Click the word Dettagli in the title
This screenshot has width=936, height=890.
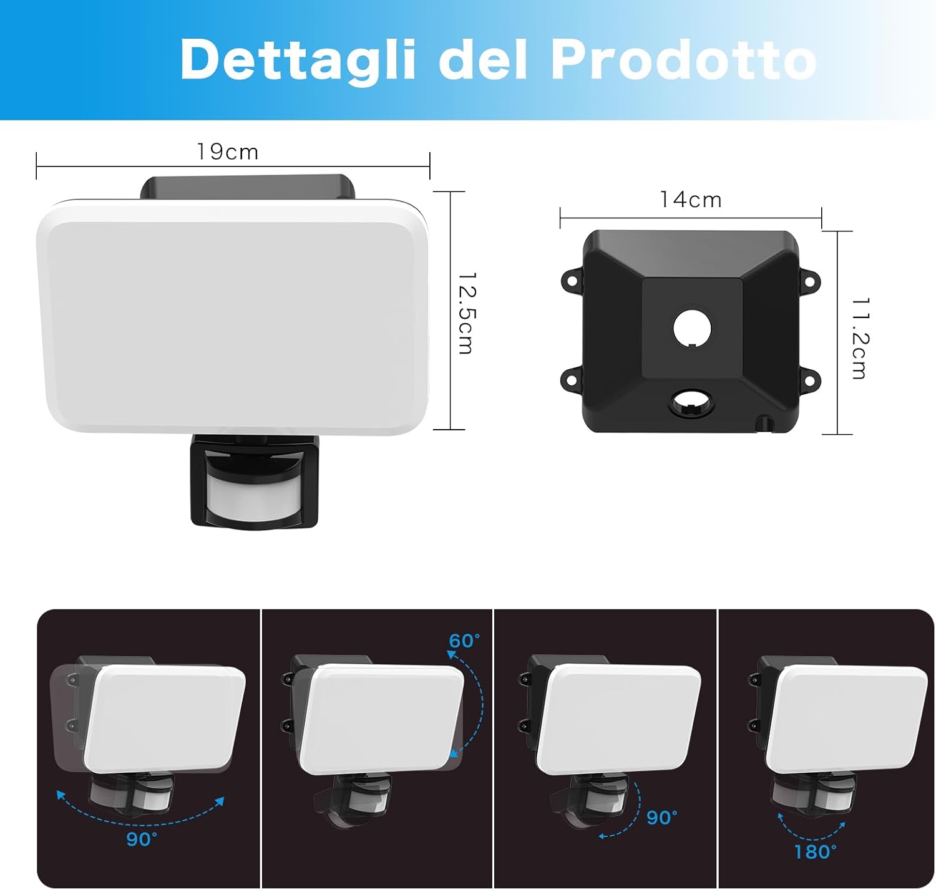click(x=298, y=60)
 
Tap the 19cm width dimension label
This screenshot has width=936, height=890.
click(x=228, y=152)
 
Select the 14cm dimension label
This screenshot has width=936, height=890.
click(x=691, y=200)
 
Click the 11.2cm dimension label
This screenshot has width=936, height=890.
click(x=860, y=337)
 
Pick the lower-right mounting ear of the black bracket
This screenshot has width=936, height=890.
click(x=809, y=379)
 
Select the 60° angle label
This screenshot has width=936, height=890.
click(x=464, y=641)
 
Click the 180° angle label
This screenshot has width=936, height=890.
click(x=815, y=851)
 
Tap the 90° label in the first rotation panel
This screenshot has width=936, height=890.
click(x=142, y=839)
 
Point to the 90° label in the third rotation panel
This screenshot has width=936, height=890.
click(x=661, y=817)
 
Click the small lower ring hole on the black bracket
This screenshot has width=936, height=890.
click(x=691, y=402)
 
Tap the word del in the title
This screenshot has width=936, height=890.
click(x=482, y=60)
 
